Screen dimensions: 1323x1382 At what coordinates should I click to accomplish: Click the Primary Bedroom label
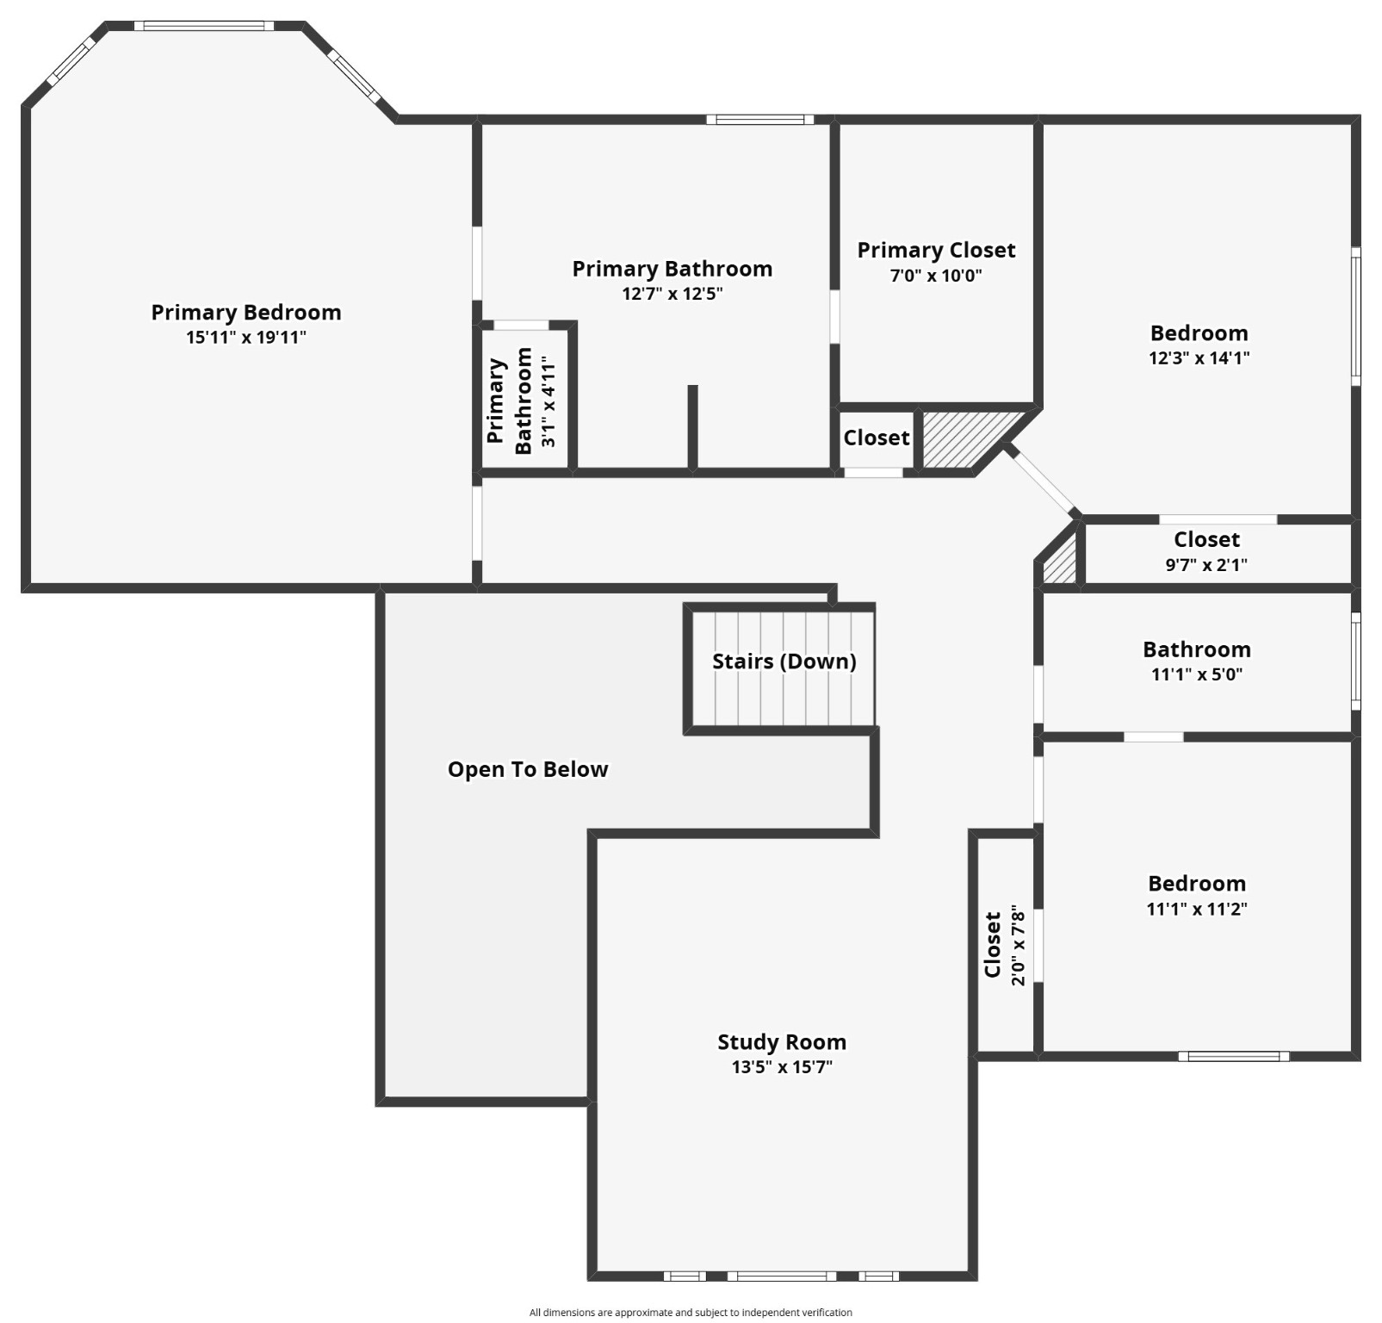[x=246, y=313]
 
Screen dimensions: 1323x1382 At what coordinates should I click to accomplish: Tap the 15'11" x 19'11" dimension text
[x=246, y=338]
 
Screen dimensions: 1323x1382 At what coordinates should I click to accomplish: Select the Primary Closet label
[x=936, y=251]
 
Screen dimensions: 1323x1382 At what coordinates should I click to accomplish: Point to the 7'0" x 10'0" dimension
[x=936, y=276]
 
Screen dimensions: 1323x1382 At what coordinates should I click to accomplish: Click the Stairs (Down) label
[x=784, y=661]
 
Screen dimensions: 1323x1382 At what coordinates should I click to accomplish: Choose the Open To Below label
[x=528, y=769]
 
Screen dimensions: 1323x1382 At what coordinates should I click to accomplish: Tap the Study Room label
[x=782, y=1042]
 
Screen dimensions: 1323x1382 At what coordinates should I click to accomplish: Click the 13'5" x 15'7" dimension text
[x=782, y=1067]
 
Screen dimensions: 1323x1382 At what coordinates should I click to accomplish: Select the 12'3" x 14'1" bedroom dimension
[x=1199, y=357]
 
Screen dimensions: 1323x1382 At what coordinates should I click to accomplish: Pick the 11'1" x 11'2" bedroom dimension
[x=1197, y=909]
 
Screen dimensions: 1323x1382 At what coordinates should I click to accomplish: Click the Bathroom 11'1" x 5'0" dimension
[x=1197, y=674]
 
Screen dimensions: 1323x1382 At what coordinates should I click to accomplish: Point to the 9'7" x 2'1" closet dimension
[x=1206, y=565]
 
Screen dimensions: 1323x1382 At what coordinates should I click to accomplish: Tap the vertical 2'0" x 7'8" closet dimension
[x=1019, y=945]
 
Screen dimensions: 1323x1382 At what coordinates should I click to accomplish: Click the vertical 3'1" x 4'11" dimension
[x=548, y=401]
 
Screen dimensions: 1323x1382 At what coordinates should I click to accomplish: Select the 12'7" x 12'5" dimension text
[x=672, y=294]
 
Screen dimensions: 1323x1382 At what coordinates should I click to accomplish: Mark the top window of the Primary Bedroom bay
[x=204, y=26]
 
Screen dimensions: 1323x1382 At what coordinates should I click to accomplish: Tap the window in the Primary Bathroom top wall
[x=760, y=120]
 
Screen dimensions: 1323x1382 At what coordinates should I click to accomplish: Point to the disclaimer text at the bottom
[x=691, y=1313]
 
